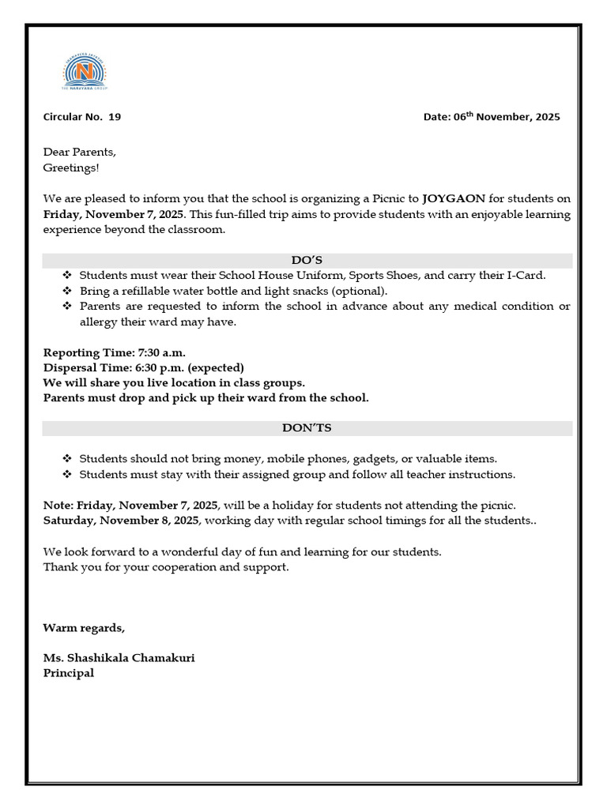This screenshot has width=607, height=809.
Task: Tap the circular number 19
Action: [x=115, y=117]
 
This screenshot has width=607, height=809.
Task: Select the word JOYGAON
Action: [x=454, y=199]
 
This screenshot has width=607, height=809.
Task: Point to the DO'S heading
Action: [x=307, y=260]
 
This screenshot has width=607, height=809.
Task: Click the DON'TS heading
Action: [x=307, y=427]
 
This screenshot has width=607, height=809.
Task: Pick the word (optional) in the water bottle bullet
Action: [x=361, y=291]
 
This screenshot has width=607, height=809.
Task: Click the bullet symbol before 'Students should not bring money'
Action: [x=66, y=459]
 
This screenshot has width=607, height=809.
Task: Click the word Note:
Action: [x=58, y=505]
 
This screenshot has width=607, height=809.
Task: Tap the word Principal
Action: [x=68, y=673]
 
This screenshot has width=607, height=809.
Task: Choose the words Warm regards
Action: [x=84, y=628]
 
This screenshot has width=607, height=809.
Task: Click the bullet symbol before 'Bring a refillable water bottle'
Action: [x=66, y=291]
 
